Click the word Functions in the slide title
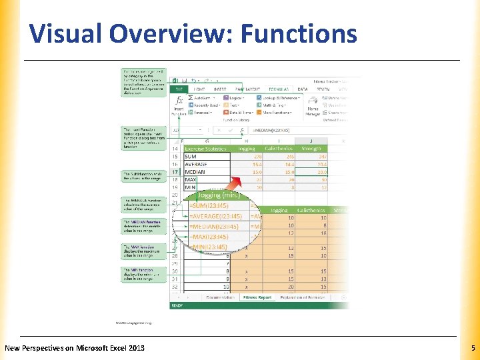[300, 33]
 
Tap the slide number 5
[472, 348]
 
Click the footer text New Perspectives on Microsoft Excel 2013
[74, 348]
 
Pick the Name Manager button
[313, 109]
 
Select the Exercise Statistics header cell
[205, 148]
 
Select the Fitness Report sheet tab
[257, 297]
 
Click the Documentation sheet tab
[219, 297]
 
